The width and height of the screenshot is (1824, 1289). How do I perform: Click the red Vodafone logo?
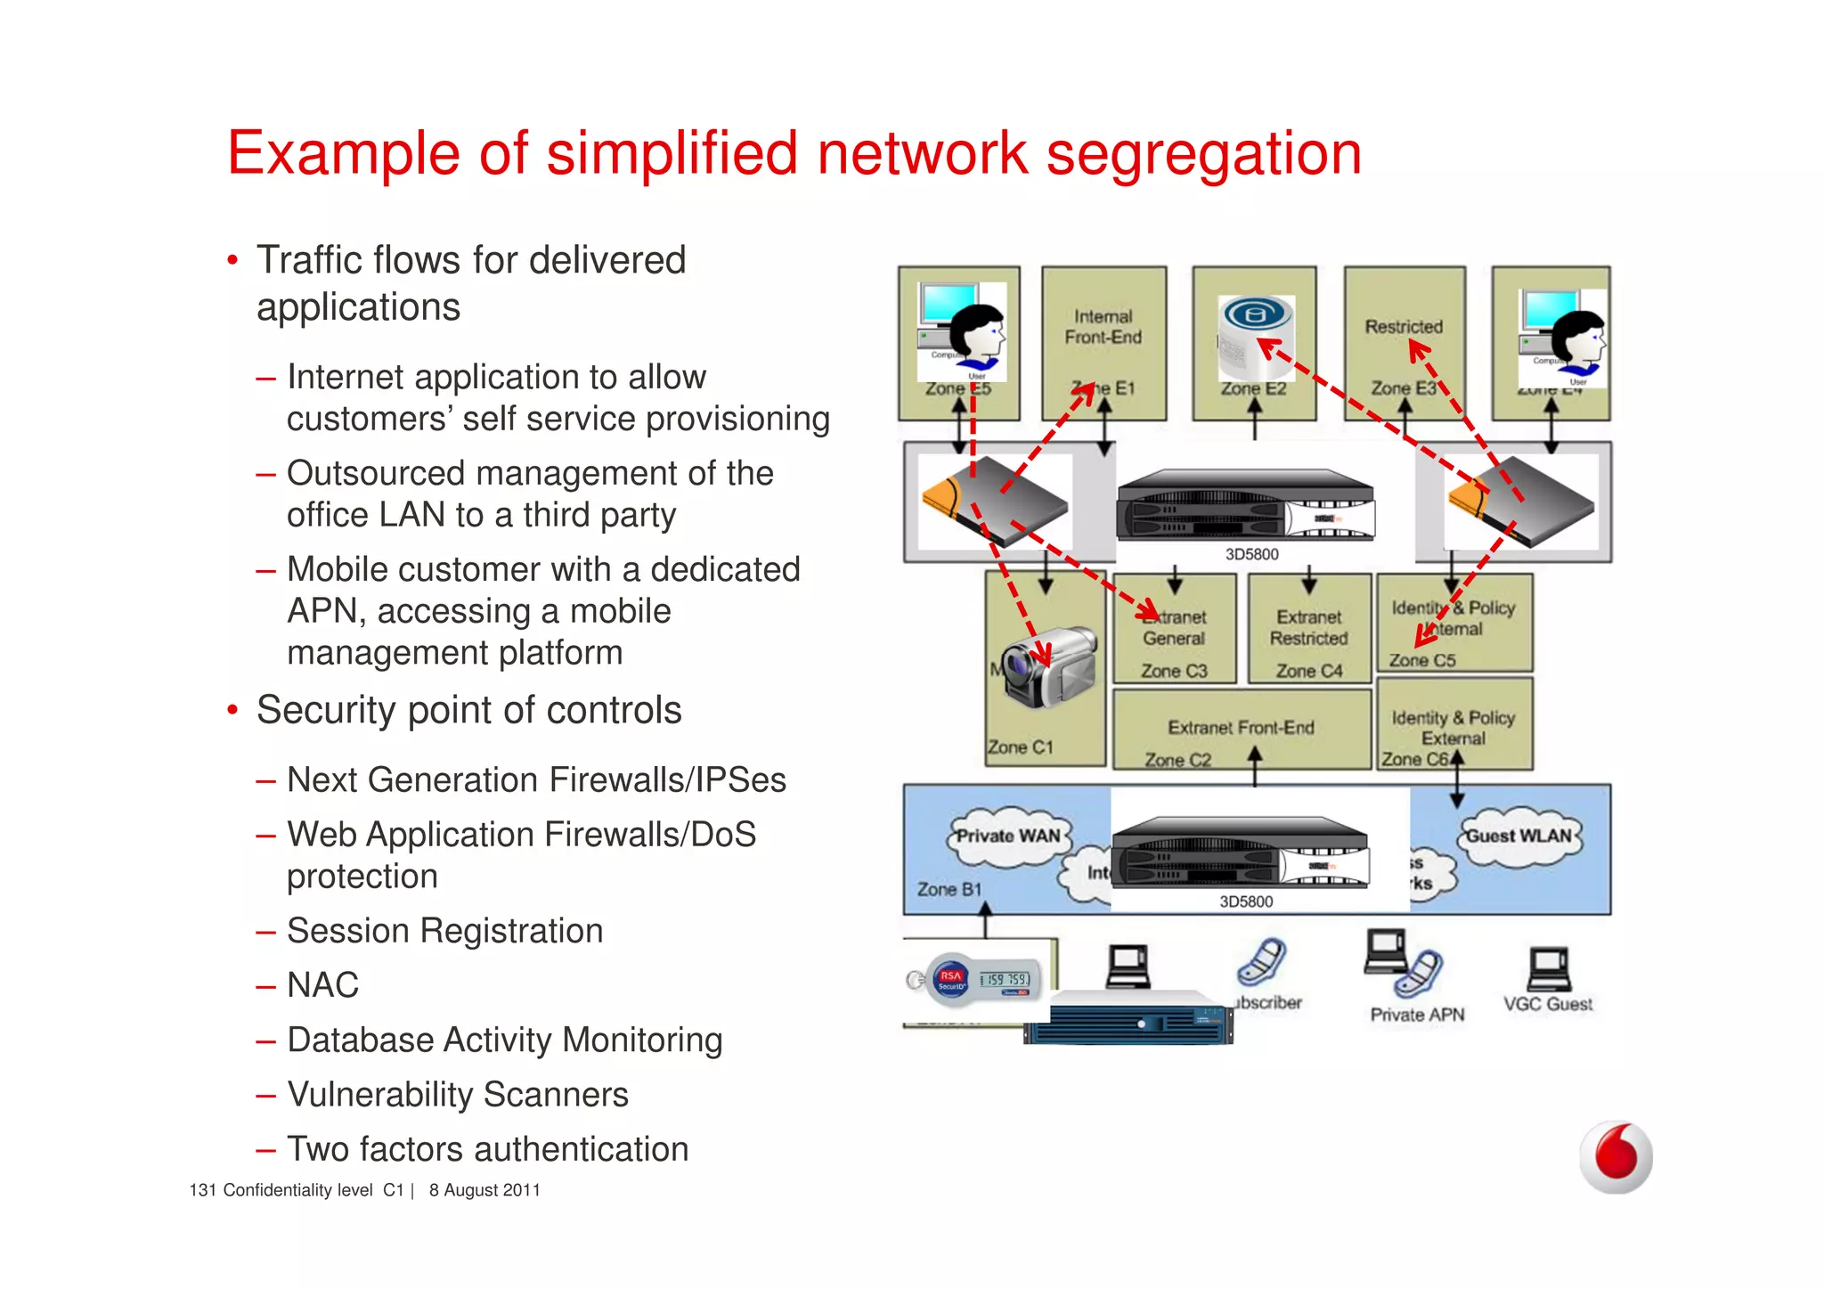tap(1616, 1156)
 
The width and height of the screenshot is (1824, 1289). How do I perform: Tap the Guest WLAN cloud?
tap(1519, 836)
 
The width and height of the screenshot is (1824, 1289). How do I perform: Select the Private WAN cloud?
tap(1007, 836)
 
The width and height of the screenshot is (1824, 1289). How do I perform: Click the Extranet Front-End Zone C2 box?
tap(1241, 729)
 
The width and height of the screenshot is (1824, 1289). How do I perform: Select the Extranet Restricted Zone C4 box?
tap(1308, 629)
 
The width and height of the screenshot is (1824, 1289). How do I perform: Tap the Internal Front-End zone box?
tap(1103, 343)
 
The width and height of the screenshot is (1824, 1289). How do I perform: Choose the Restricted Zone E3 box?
tap(1404, 343)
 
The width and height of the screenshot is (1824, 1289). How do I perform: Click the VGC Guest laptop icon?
tap(1549, 969)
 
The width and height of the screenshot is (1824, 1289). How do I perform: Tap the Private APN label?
tap(1417, 1015)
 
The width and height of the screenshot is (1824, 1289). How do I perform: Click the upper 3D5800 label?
tap(1251, 554)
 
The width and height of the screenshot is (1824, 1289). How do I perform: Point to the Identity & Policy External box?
tap(1453, 725)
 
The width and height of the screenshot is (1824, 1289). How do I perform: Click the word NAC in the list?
tap(322, 985)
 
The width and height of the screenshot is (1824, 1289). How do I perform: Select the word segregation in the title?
tap(1203, 154)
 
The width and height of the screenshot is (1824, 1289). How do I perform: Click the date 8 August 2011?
tap(484, 1190)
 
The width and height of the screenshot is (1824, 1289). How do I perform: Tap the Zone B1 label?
tap(949, 889)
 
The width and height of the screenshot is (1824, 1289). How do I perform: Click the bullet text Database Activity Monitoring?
tap(504, 1040)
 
